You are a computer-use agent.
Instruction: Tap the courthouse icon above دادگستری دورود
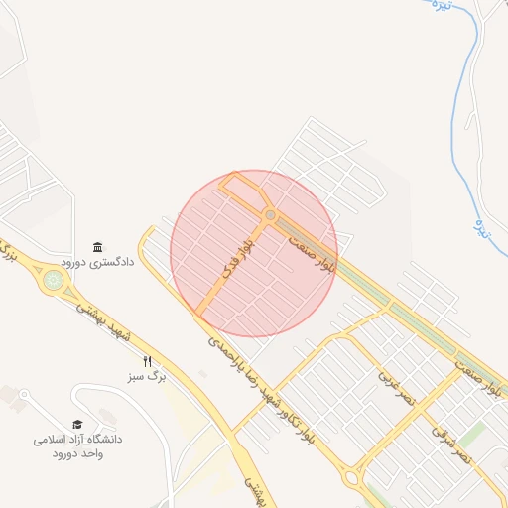tap(97, 246)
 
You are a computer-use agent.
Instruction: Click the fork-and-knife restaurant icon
tap(148, 361)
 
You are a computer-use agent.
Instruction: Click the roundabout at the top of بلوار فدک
tap(270, 215)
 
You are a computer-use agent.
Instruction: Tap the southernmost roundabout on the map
tap(351, 478)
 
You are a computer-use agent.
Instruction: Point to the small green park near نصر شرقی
tap(474, 435)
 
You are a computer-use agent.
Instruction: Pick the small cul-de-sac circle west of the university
tap(25, 394)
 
